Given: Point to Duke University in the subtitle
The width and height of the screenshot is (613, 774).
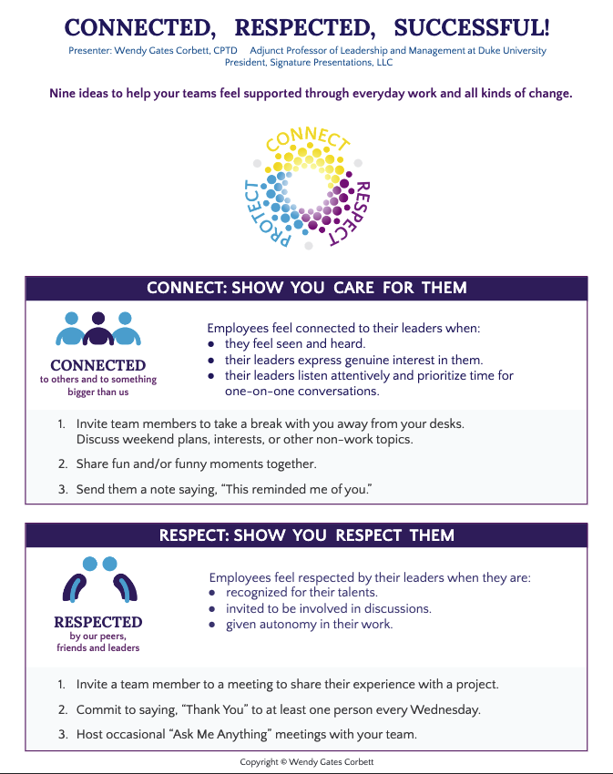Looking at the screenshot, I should [x=511, y=51].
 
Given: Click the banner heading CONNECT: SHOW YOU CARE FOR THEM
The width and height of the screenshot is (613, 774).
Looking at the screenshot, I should [x=306, y=289].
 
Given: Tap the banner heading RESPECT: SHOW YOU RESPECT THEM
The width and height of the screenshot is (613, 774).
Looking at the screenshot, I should [x=306, y=535].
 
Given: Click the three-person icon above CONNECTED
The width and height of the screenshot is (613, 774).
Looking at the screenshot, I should [x=98, y=330].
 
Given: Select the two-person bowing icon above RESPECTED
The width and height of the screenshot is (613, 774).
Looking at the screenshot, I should [x=98, y=579].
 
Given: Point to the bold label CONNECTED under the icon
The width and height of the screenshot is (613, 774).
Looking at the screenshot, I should [x=98, y=366].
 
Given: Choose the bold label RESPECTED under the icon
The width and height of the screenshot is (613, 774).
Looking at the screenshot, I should [x=98, y=623].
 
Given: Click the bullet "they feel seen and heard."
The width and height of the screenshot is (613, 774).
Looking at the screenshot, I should [x=294, y=344].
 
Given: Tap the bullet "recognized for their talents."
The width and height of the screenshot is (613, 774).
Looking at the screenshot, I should [x=301, y=593].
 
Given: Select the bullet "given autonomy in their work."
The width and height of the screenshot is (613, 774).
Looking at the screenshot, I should [x=309, y=625].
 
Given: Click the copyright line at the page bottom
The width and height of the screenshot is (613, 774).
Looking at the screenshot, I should [x=306, y=761].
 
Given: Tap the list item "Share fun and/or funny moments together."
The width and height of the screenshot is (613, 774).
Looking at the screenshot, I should [x=196, y=464].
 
